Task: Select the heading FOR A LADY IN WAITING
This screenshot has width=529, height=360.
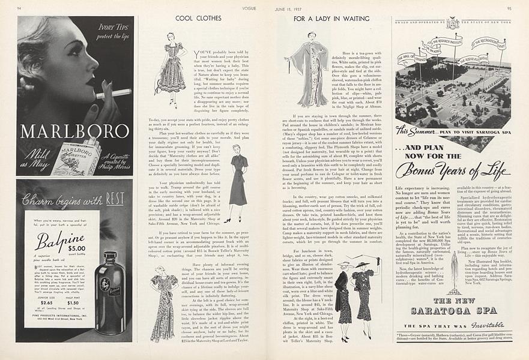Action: click(331, 19)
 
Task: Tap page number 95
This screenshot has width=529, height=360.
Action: click(509, 8)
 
